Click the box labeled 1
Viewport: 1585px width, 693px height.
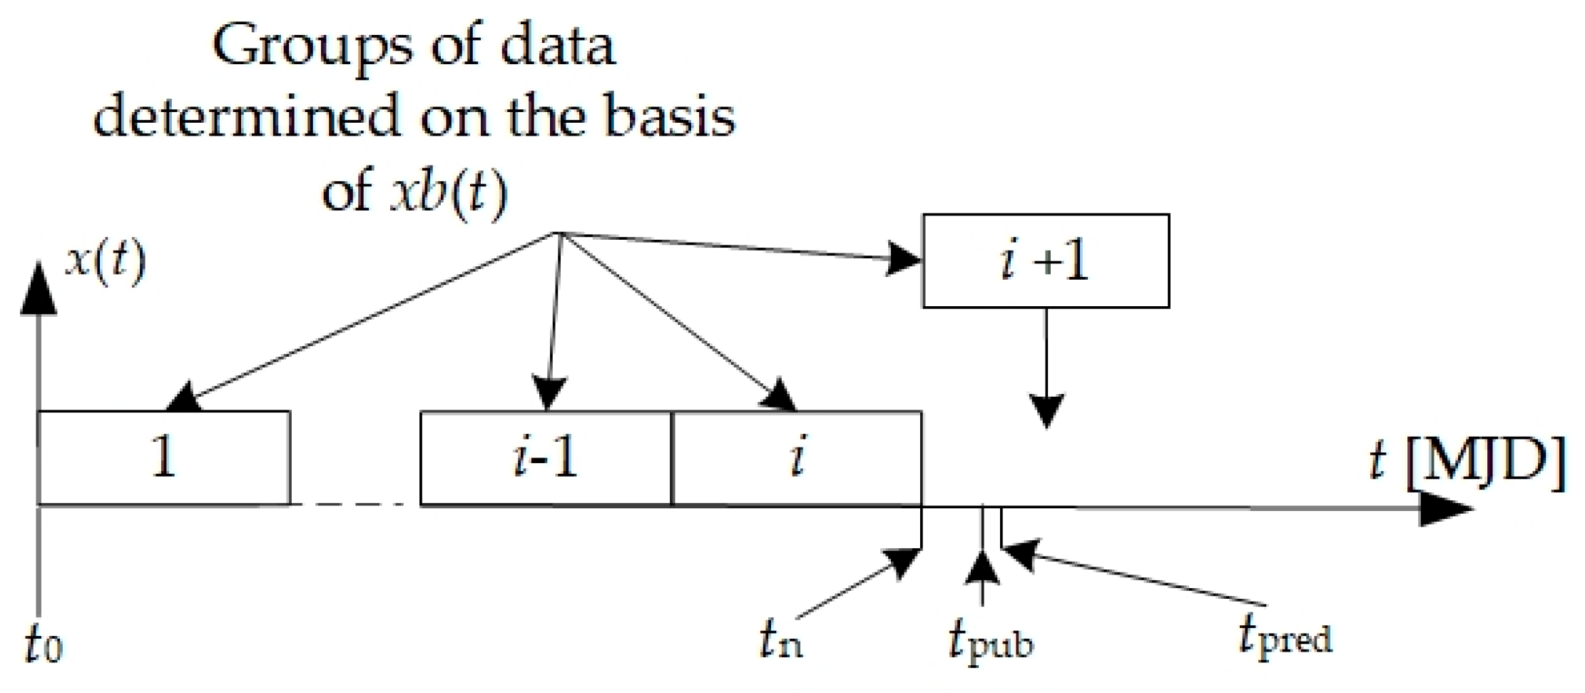(163, 458)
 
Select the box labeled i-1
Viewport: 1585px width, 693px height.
(546, 458)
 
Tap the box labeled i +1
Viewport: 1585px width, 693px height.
(1045, 261)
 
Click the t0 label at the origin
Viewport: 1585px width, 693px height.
(43, 643)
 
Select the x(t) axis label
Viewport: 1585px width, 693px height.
(106, 262)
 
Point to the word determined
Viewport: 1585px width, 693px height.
(245, 117)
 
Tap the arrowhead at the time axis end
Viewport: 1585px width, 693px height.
(1444, 508)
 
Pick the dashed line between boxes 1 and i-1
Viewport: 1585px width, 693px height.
(355, 505)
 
